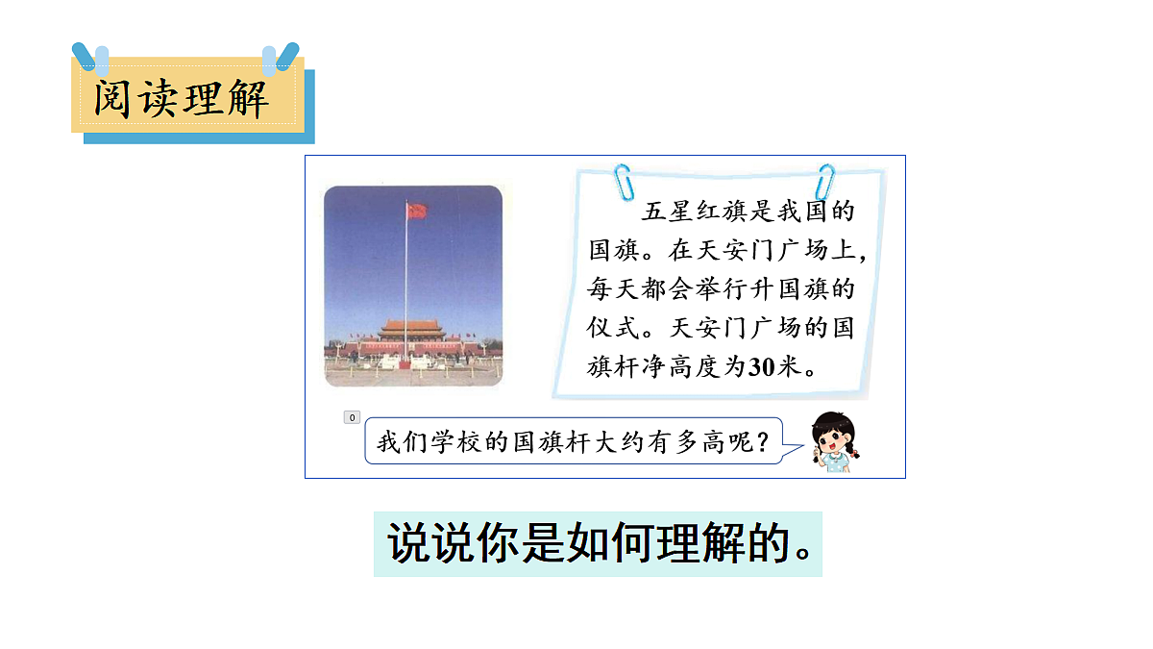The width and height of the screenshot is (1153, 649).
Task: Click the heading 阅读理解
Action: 182,98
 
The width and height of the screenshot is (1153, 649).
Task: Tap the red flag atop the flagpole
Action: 416,210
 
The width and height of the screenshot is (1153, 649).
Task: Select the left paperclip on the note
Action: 623,179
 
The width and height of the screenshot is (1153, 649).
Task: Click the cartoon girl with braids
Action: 832,439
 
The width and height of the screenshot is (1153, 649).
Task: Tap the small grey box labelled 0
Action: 352,417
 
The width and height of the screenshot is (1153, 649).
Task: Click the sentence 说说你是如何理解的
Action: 598,544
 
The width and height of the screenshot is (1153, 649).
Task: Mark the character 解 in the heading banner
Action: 249,99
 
